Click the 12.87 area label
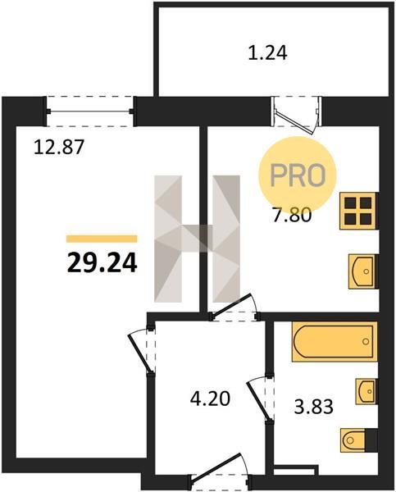[x=59, y=147]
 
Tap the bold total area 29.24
[x=102, y=262]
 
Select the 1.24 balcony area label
[x=267, y=52]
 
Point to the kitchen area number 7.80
[x=292, y=215]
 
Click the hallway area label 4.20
[x=210, y=399]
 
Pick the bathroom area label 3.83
[x=313, y=408]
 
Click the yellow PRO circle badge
[x=297, y=175]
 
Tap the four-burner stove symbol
[x=358, y=211]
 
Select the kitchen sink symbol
[x=362, y=271]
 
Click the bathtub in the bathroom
[x=335, y=341]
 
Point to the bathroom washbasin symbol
[x=366, y=391]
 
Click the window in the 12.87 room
[x=90, y=111]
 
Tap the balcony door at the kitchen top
[x=297, y=115]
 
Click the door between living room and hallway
[x=143, y=351]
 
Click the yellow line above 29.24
[x=102, y=239]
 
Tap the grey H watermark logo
[x=197, y=239]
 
